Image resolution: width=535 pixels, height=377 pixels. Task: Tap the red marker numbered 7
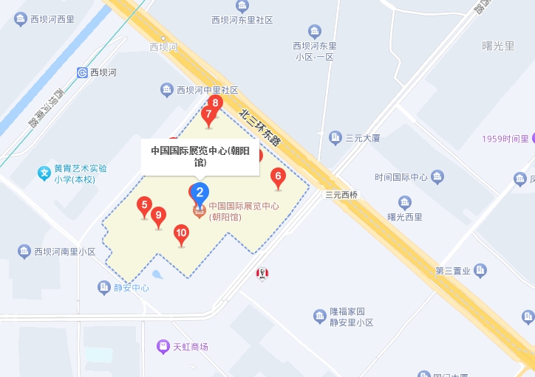(x=208, y=115)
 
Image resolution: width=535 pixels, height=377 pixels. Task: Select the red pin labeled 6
(x=278, y=176)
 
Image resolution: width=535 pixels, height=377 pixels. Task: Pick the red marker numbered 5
(x=145, y=205)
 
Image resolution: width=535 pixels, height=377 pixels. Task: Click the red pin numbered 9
(x=157, y=216)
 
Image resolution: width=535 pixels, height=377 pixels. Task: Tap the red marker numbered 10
(x=181, y=234)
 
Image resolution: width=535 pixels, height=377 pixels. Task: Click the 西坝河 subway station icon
(x=82, y=72)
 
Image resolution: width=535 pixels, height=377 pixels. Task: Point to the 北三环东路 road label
(x=260, y=126)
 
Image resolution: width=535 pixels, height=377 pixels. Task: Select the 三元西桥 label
(x=341, y=195)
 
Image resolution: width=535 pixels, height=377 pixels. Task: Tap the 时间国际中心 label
(x=401, y=177)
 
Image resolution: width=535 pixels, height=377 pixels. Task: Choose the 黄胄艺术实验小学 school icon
(x=44, y=173)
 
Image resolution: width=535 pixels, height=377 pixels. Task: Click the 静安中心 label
(x=131, y=288)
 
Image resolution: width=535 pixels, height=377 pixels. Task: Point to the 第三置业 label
(x=453, y=271)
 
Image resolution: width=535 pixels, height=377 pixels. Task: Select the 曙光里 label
(x=498, y=46)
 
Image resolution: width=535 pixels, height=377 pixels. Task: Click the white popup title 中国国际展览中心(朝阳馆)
(x=200, y=155)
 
